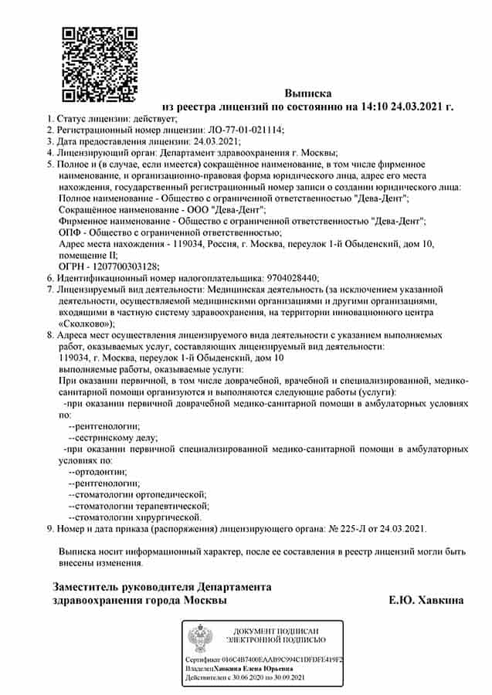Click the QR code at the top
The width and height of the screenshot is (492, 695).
tap(99, 64)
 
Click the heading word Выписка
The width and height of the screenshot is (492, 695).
tap(307, 93)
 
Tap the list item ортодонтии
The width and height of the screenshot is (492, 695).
tap(100, 471)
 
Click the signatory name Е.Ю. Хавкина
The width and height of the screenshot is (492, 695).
tap(426, 600)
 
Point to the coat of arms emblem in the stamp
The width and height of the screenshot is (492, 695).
tap(197, 639)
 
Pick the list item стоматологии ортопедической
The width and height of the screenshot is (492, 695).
tap(140, 494)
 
